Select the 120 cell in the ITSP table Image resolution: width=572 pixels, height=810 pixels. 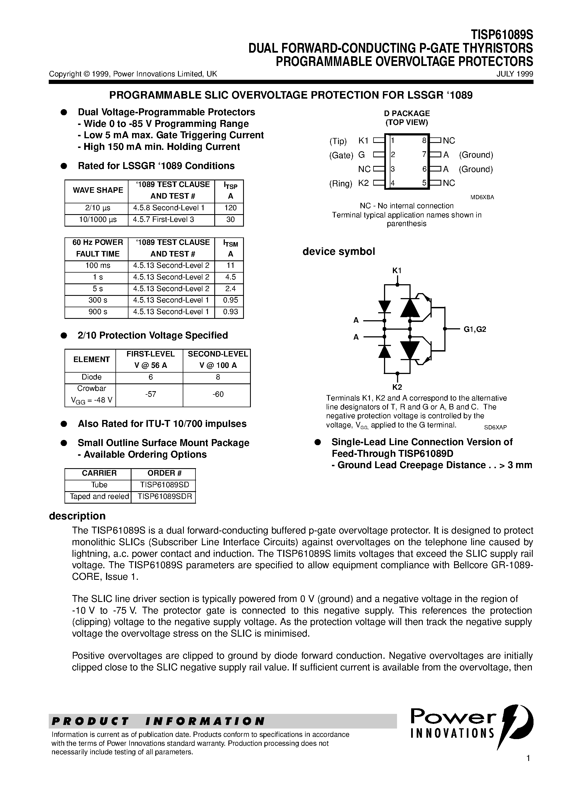[230, 208]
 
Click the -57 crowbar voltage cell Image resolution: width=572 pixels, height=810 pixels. [150, 394]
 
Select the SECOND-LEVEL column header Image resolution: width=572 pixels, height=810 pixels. [218, 354]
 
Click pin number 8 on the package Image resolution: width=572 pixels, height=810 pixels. [424, 141]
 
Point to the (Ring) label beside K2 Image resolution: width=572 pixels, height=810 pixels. [340, 183]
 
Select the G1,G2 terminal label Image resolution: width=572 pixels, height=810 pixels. [475, 329]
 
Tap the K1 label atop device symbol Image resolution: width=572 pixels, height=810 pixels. [397, 271]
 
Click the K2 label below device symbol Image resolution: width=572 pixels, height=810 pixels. [397, 387]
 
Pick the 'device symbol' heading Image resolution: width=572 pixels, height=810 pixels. [339, 252]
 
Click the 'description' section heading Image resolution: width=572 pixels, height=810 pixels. [77, 516]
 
